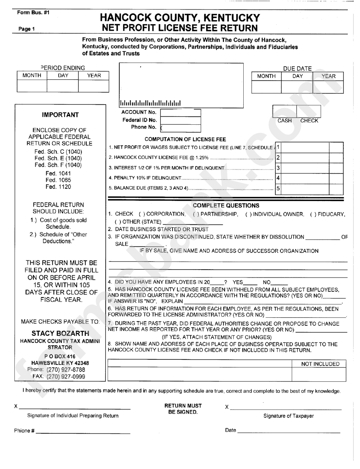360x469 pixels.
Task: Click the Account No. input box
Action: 180,113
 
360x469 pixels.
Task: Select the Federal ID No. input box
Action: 180,120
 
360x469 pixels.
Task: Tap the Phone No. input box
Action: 180,128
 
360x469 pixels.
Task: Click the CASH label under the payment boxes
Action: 285,121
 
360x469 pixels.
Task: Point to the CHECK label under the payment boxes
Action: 309,121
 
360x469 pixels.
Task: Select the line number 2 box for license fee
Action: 278,157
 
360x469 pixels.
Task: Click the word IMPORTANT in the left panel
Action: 60,115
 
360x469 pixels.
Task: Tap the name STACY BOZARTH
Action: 60,334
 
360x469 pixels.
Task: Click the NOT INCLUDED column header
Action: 320,364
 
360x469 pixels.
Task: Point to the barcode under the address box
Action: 150,103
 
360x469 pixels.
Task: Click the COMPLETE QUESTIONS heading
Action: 226,205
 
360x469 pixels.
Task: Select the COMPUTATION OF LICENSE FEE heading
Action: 185,140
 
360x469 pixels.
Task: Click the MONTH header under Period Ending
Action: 32,75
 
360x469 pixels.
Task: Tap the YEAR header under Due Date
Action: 328,76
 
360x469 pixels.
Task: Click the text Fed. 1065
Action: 58,180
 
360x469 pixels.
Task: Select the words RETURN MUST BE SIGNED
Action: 183,409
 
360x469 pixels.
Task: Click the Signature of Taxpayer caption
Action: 288,416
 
